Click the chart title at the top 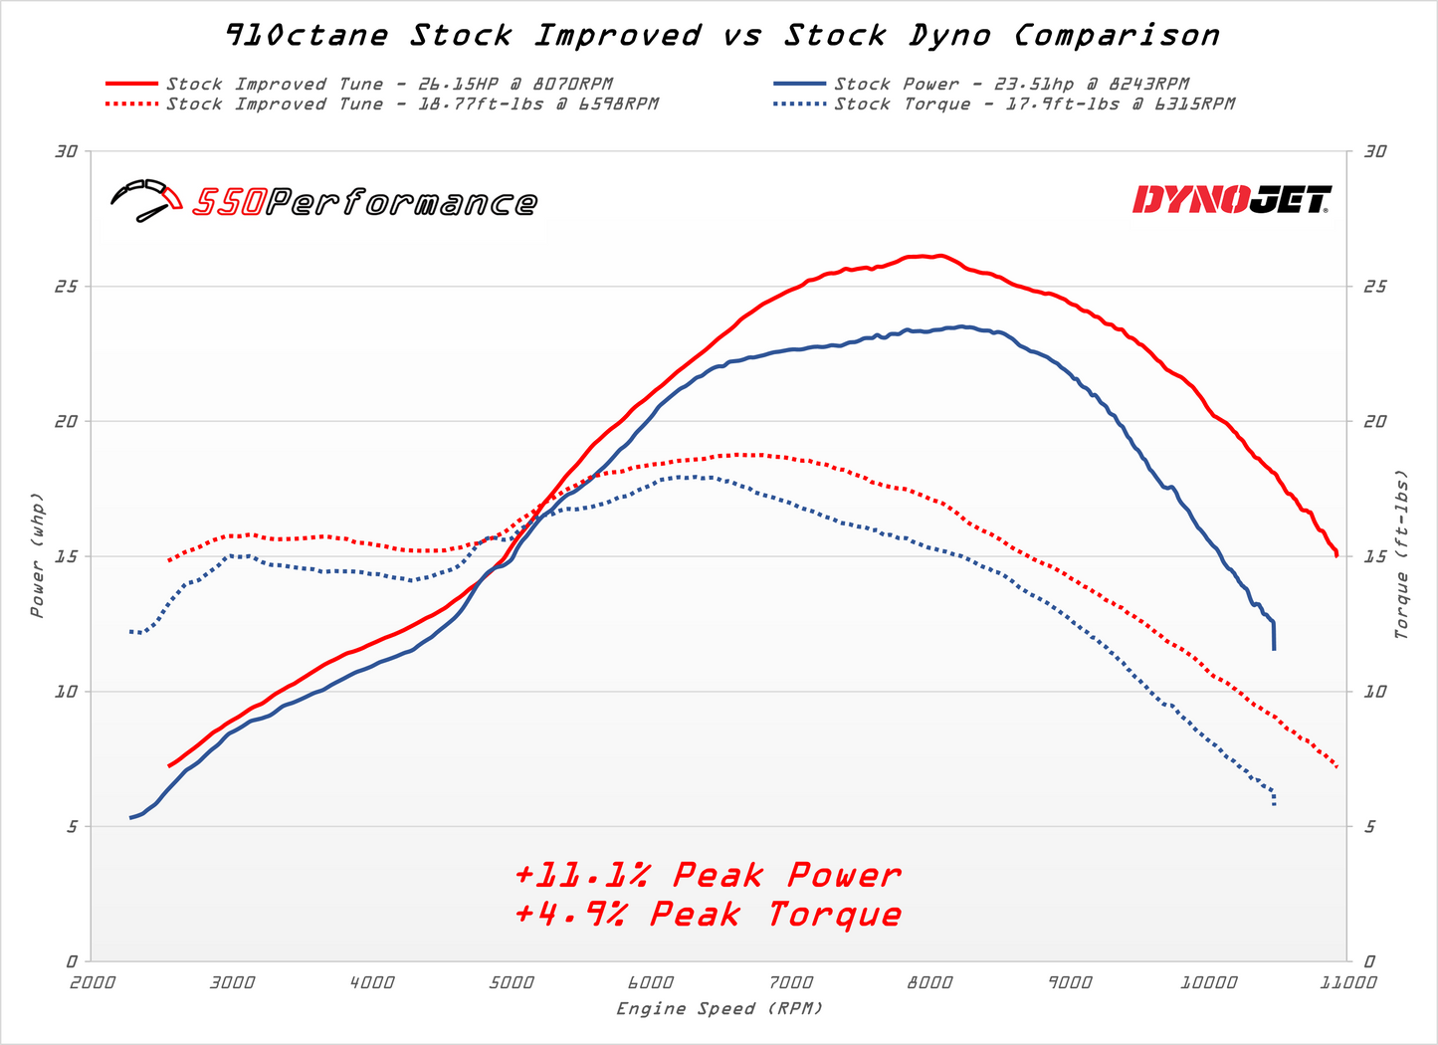[721, 36]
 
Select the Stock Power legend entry [1011, 85]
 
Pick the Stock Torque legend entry [1034, 104]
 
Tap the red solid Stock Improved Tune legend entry [389, 85]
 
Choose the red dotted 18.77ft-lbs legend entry [412, 104]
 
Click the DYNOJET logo [1231, 200]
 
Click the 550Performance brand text [364, 203]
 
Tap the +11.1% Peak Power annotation [708, 875]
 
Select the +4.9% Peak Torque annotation [708, 914]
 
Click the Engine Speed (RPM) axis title [719, 1008]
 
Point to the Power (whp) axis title [37, 554]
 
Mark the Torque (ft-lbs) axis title [1401, 554]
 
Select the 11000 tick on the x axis [1347, 982]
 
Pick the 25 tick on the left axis [67, 287]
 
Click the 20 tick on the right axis [1375, 421]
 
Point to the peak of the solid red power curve [938, 256]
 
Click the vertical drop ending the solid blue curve [1274, 636]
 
